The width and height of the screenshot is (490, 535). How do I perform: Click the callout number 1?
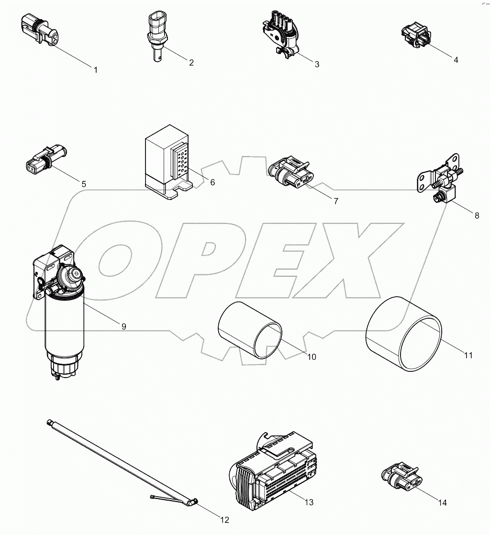point(95,70)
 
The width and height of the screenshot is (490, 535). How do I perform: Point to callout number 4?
point(456,60)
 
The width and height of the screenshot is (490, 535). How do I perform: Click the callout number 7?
point(336,201)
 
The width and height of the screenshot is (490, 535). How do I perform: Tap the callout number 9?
point(123,326)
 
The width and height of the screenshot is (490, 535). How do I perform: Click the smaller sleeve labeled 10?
point(250,330)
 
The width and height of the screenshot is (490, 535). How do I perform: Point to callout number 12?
point(224,520)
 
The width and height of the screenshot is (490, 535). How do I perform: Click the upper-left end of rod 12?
point(50,423)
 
